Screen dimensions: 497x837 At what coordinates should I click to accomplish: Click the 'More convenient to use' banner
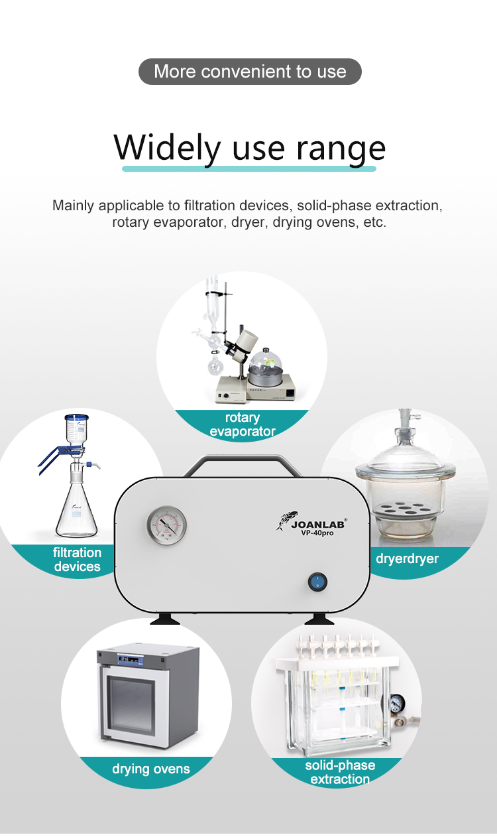(250, 72)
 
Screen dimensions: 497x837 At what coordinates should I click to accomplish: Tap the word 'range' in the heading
(341, 150)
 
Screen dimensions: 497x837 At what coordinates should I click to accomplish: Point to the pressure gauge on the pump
(166, 525)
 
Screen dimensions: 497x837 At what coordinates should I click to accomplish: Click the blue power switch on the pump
(318, 582)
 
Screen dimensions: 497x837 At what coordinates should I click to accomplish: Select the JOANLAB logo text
(318, 524)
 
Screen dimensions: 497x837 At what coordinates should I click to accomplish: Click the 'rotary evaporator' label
(243, 424)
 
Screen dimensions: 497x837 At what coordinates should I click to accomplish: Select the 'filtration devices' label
(78, 559)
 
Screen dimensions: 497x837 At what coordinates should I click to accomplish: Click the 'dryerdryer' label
(407, 558)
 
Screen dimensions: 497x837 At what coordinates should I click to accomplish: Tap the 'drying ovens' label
(151, 769)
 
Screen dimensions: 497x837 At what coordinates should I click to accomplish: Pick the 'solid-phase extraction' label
(340, 772)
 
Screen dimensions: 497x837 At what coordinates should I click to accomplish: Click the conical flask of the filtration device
(77, 509)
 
